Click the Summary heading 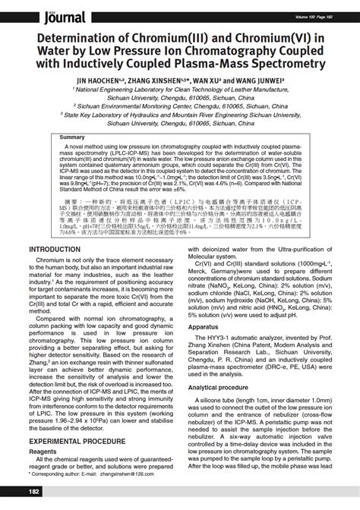click(x=73, y=137)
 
